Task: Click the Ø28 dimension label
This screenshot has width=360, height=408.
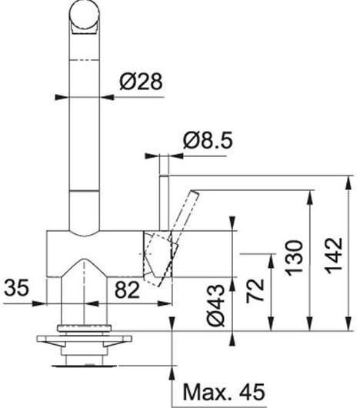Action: pyautogui.click(x=142, y=82)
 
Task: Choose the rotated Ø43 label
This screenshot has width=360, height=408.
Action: pyautogui.click(x=218, y=306)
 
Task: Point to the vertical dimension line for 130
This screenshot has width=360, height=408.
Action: pyautogui.click(x=310, y=258)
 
